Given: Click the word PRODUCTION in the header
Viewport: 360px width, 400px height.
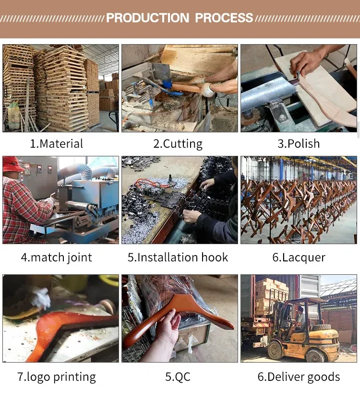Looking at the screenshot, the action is tap(147, 18).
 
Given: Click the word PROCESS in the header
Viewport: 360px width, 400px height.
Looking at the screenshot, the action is tap(224, 18).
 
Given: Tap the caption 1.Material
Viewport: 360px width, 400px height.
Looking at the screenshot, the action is tap(57, 143).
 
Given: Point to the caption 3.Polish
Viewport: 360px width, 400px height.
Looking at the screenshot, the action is tap(299, 143).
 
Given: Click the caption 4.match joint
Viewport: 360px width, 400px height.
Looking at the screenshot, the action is tap(57, 258).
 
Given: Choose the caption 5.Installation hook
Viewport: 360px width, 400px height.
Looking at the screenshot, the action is tap(178, 257).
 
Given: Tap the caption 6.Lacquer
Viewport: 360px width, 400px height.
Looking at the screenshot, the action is tap(299, 258).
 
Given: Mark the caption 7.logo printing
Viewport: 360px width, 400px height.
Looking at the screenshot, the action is tap(57, 377).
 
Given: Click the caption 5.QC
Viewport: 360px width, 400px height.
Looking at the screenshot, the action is tap(178, 377).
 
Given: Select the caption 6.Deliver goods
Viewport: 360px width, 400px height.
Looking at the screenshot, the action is tap(299, 377).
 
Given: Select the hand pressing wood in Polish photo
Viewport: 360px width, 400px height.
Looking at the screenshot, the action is tap(307, 63).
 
